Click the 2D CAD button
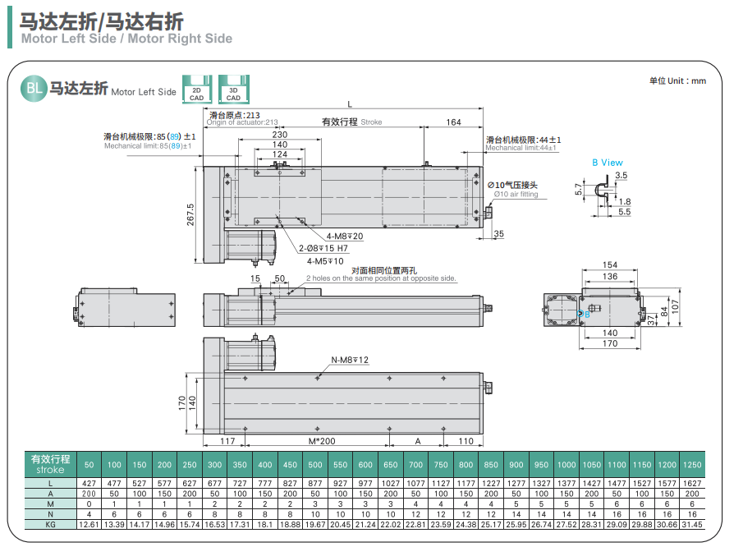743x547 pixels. [196, 89]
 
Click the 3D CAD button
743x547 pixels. [233, 89]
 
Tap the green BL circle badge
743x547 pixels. [33, 90]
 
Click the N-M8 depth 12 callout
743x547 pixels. [350, 360]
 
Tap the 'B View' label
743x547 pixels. [608, 163]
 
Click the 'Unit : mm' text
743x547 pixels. [677, 80]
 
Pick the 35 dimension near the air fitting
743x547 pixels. [499, 234]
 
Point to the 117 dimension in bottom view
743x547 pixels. [227, 441]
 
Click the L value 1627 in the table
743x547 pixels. [690, 484]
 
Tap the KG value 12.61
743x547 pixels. [89, 523]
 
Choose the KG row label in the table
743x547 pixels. [51, 523]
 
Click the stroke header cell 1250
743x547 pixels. [690, 465]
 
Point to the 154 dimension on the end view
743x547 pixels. [609, 265]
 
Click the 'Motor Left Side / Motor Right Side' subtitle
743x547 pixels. [126, 39]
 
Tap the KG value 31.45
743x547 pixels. [690, 523]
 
